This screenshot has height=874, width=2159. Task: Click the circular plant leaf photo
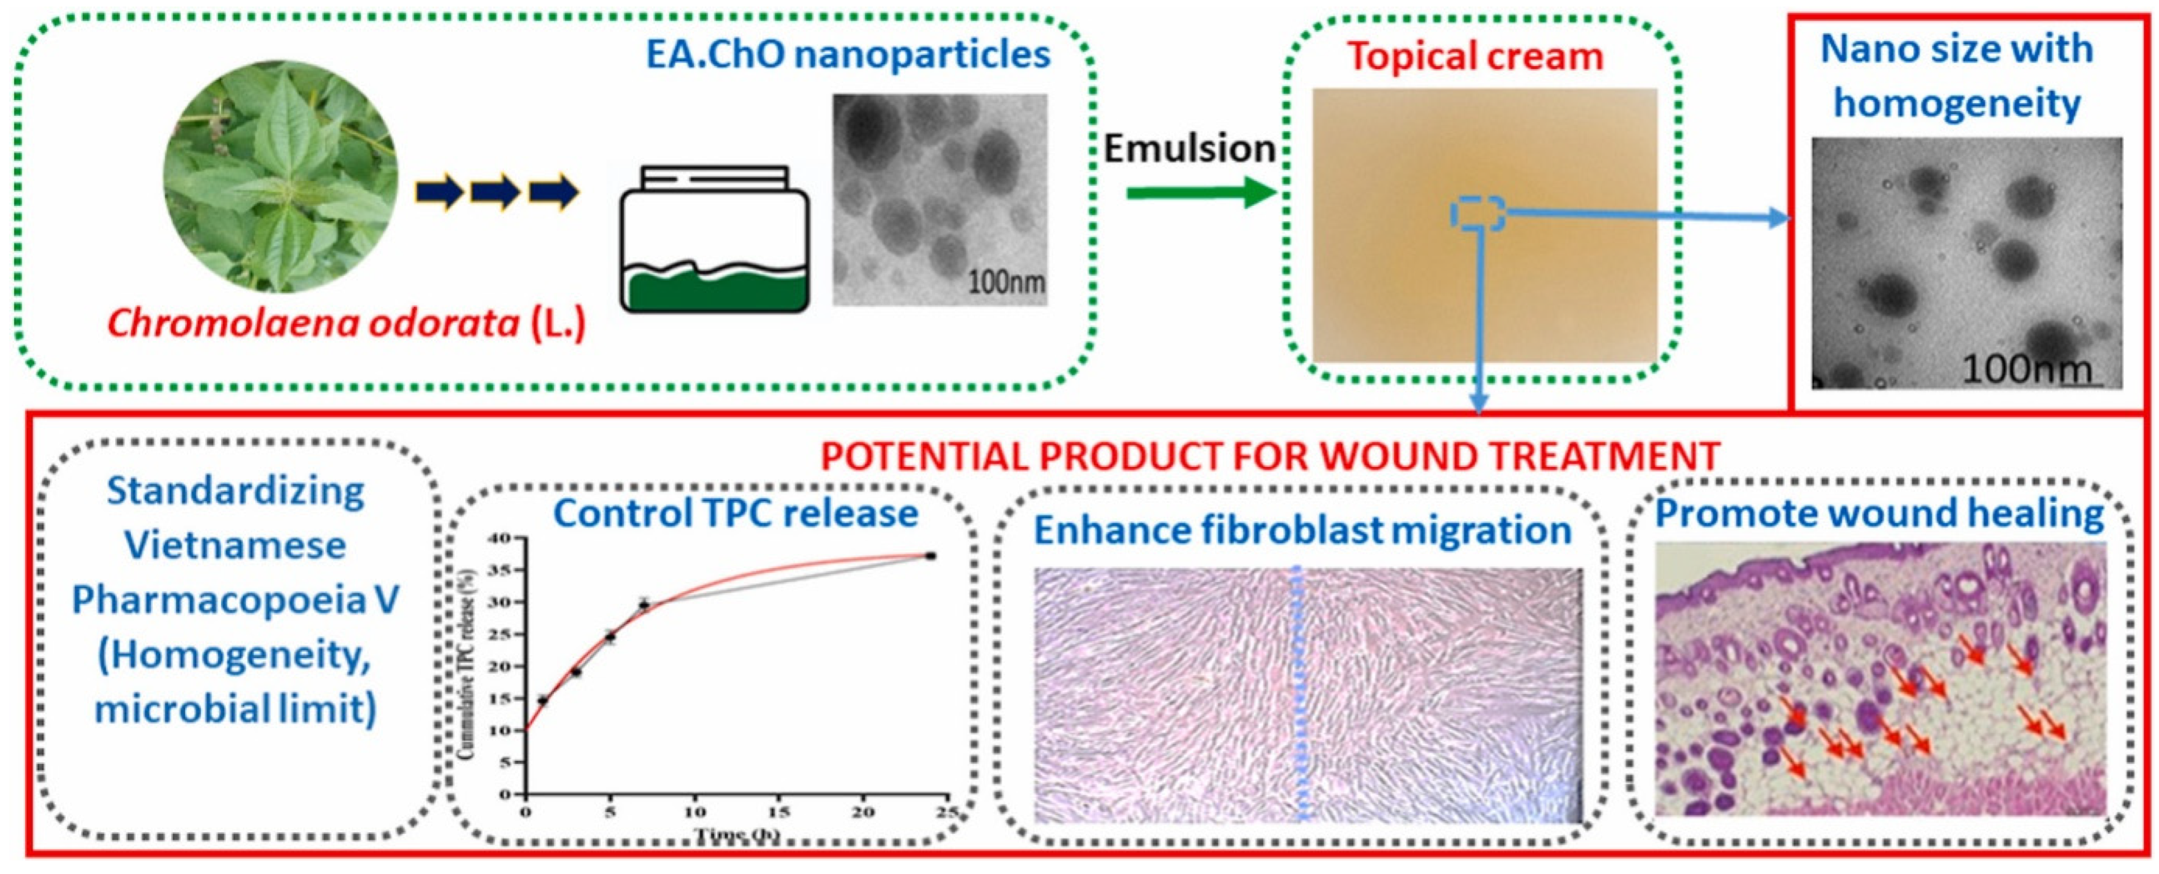(x=281, y=180)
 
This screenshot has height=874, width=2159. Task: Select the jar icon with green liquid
(x=714, y=240)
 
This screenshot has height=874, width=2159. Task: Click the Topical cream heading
(x=1475, y=57)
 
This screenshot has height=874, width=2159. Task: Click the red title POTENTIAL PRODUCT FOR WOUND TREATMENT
(x=1270, y=457)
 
